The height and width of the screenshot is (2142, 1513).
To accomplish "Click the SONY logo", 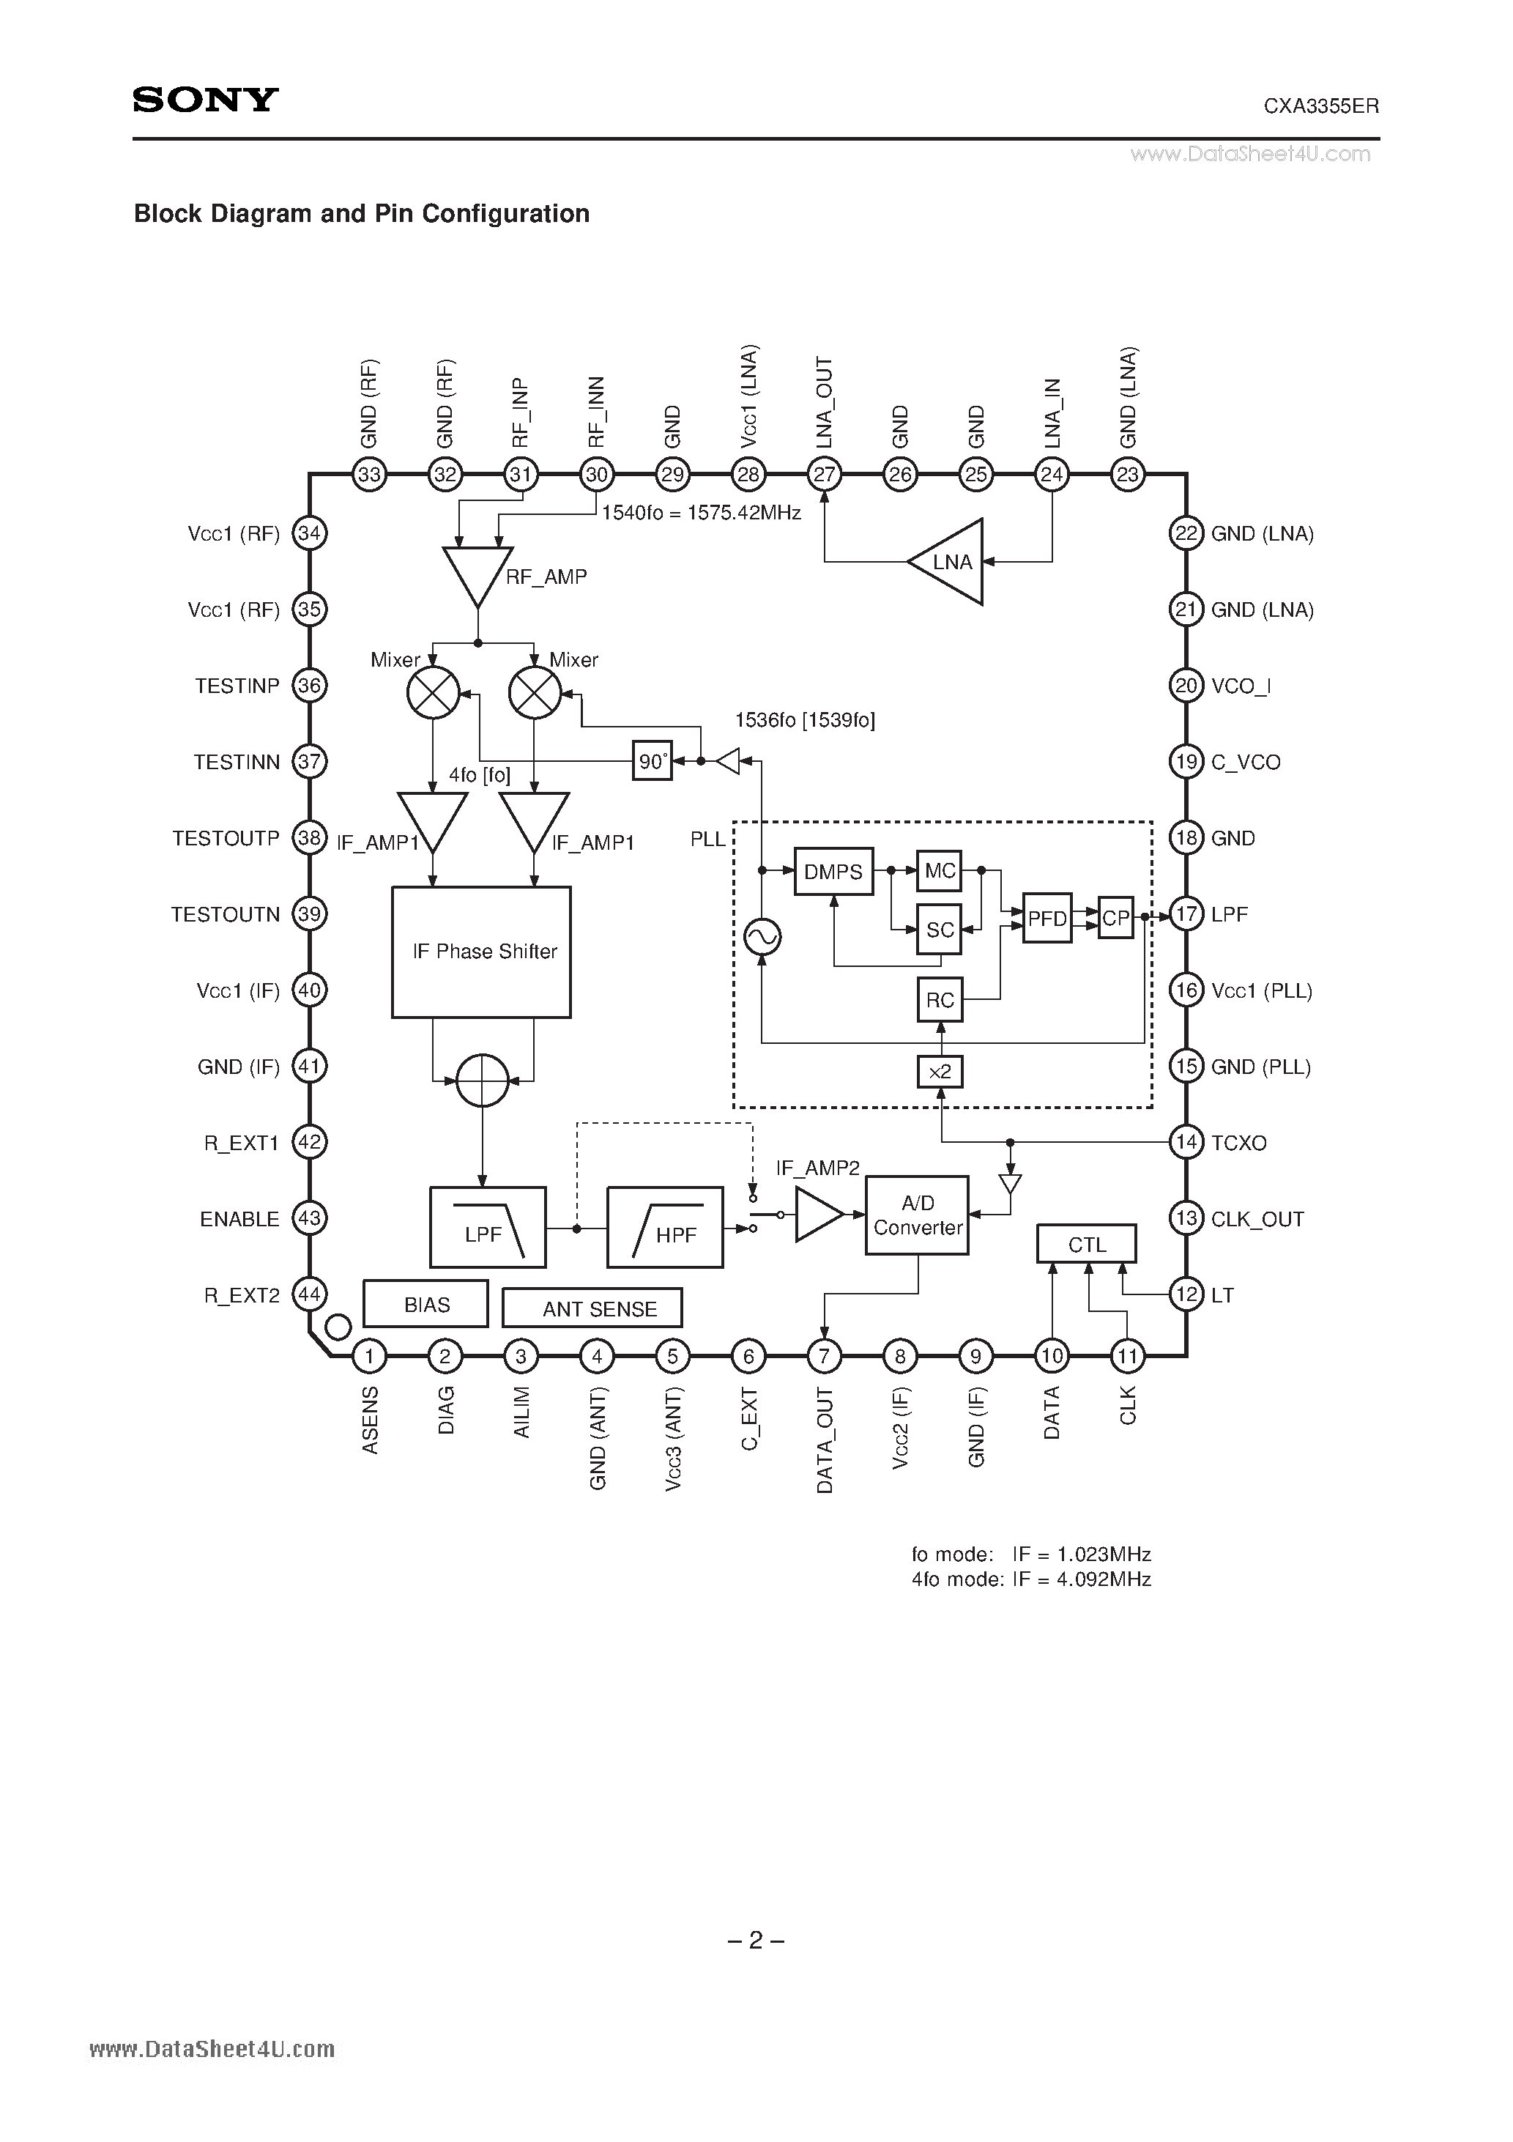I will (x=205, y=100).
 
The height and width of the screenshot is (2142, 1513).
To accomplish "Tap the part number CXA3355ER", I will (x=1321, y=106).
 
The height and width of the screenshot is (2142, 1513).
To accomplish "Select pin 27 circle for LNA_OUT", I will (x=825, y=475).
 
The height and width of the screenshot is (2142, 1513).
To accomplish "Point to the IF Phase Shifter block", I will (x=481, y=952).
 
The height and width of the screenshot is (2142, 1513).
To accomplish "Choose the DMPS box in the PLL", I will (x=833, y=871).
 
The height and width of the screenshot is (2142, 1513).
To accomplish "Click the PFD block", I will (x=1047, y=919).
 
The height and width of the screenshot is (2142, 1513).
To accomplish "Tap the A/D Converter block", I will (x=917, y=1215).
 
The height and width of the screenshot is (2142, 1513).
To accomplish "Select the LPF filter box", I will (x=488, y=1228).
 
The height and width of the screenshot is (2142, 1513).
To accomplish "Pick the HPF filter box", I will (x=665, y=1228).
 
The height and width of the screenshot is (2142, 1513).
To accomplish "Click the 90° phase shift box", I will (x=652, y=761).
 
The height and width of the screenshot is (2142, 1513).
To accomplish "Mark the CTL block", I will (x=1087, y=1245).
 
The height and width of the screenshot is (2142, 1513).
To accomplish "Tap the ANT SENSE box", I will (x=592, y=1308).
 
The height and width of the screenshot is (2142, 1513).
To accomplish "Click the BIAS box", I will (x=426, y=1304).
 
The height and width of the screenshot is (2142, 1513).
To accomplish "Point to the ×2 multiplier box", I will (x=940, y=1072).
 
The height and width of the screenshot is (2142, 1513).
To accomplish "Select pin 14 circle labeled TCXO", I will (x=1186, y=1143).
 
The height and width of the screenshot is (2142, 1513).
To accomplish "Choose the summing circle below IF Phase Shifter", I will (x=483, y=1081).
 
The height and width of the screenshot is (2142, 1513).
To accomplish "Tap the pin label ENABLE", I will (x=239, y=1219).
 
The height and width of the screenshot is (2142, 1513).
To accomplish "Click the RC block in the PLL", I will (x=940, y=1000).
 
